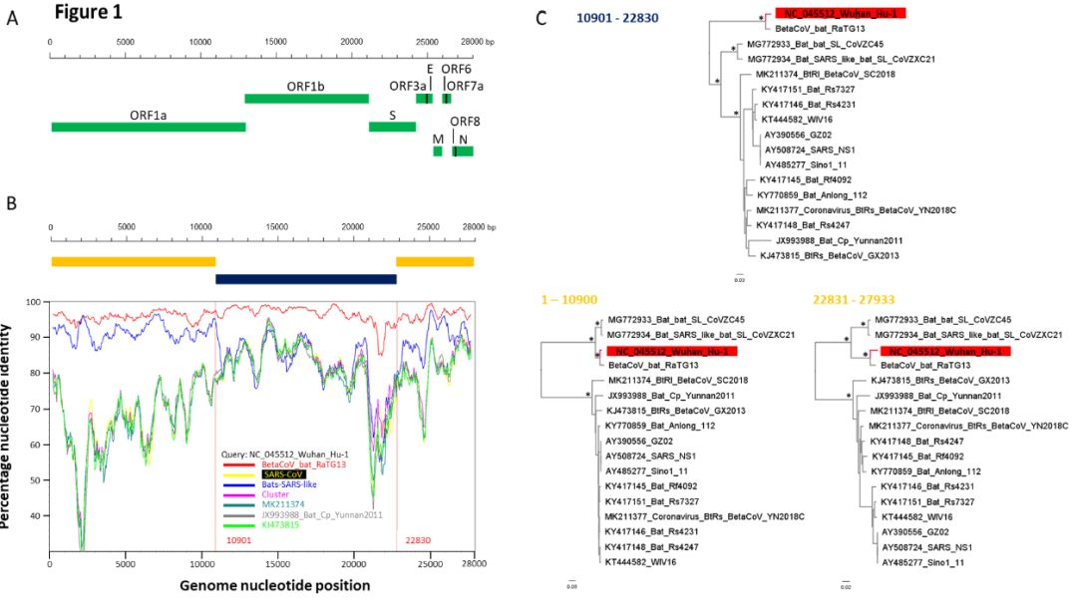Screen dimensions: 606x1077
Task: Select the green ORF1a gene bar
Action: point(148,127)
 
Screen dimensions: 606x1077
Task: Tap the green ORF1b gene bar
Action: point(306,99)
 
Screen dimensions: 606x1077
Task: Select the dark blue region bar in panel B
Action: point(306,279)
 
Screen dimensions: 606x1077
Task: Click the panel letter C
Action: point(541,18)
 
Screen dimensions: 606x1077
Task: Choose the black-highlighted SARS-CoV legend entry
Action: point(282,473)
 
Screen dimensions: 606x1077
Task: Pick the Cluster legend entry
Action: point(276,493)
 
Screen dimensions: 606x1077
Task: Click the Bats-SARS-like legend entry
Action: point(289,483)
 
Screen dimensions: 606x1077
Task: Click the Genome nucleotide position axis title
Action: point(260,584)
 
